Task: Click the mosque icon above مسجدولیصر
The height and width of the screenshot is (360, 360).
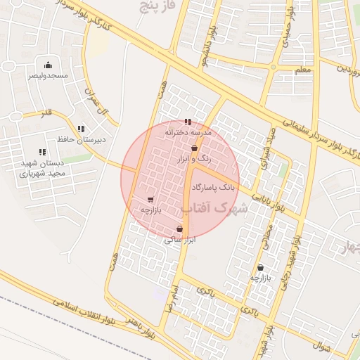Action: tap(47, 65)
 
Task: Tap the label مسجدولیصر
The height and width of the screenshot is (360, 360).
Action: tap(48, 75)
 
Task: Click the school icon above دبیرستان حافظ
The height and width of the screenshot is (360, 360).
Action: tap(82, 129)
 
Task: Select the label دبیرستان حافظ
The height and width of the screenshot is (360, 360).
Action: tap(82, 139)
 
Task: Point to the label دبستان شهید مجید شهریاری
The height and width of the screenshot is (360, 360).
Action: tap(42, 167)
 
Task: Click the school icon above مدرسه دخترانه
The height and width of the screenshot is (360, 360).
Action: tap(187, 122)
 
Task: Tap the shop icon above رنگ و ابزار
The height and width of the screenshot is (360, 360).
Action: tap(194, 148)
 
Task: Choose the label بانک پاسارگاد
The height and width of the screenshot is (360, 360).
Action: tap(212, 188)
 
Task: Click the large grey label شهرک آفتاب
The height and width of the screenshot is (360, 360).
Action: tap(215, 209)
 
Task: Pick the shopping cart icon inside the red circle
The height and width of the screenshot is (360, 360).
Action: tap(150, 199)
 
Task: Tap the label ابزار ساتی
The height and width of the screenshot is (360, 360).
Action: tap(179, 240)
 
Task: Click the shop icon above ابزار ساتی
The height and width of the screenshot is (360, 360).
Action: tap(180, 229)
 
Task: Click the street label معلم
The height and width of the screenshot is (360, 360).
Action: tap(302, 70)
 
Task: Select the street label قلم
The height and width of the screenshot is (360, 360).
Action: tap(47, 112)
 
